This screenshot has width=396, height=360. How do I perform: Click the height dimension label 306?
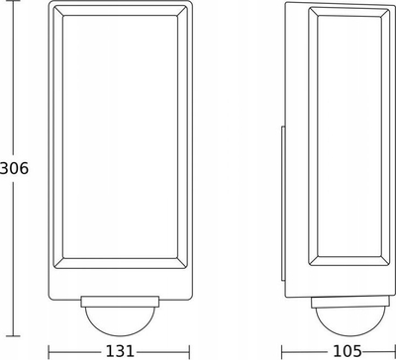pyautogui.click(x=14, y=169)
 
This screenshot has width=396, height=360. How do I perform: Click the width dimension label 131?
pyautogui.click(x=120, y=351)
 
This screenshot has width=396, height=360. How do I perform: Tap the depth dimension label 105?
pyautogui.click(x=346, y=351)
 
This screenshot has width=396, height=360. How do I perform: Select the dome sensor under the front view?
pyautogui.click(x=120, y=321)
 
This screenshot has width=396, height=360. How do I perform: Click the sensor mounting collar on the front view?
pyautogui.click(x=120, y=302)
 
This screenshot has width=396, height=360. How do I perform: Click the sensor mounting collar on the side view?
pyautogui.click(x=350, y=302)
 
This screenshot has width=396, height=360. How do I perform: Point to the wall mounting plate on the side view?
pyautogui.click(x=283, y=204)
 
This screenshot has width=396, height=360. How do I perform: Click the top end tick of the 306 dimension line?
pyautogui.click(x=13, y=1)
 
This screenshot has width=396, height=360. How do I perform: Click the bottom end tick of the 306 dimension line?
pyautogui.click(x=13, y=336)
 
